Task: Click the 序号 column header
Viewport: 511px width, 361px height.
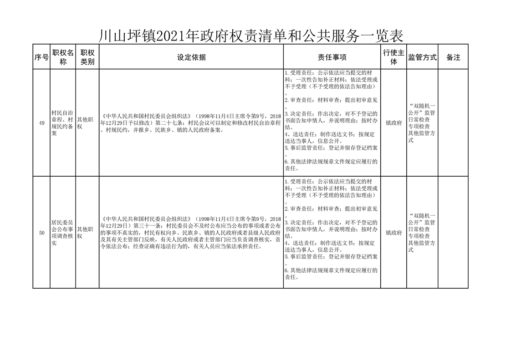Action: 41,57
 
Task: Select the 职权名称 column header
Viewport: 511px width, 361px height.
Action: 63,57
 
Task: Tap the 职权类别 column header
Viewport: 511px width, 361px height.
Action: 87,57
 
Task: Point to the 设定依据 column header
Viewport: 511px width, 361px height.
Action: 191,57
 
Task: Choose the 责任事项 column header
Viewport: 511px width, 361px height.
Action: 332,57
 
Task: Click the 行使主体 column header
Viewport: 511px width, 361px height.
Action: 393,57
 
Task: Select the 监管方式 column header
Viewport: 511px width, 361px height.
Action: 422,57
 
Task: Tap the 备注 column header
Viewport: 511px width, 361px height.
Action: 453,57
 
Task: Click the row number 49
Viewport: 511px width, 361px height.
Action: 41,123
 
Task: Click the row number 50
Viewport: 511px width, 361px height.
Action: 41,233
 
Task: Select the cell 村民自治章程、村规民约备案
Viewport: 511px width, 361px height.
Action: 63,123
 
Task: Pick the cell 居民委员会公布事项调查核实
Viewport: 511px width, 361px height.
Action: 63,233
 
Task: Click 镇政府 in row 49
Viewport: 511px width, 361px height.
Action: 393,123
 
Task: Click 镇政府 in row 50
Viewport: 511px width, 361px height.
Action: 393,233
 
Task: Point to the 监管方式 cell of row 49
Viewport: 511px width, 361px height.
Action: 422,123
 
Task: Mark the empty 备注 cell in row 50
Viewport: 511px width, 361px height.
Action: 453,233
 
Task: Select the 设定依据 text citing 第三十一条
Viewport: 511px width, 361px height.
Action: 191,233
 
